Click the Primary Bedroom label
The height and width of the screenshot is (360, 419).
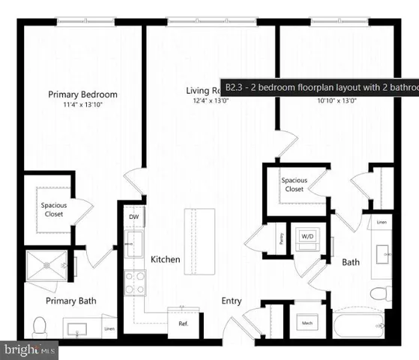coord(83,94)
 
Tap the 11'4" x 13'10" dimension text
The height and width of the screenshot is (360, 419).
coord(83,106)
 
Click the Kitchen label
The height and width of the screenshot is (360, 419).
coord(166,259)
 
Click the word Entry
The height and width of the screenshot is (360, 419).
coord(231,301)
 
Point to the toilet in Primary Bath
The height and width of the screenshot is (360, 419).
coord(40,327)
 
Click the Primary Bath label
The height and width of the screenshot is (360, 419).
coord(71,301)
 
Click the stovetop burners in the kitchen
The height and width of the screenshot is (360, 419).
coord(135,283)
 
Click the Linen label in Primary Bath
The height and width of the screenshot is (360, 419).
coord(110,328)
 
